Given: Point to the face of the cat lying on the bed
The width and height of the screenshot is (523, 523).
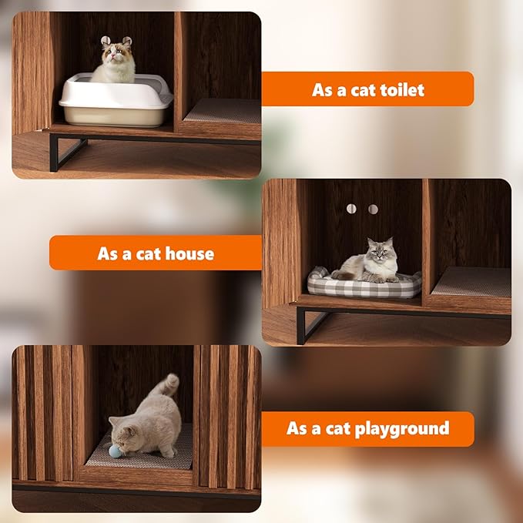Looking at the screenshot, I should click(x=379, y=251).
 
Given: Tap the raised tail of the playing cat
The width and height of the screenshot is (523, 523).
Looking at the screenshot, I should click(x=168, y=385).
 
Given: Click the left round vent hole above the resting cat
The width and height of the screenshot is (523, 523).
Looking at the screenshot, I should click(x=352, y=209).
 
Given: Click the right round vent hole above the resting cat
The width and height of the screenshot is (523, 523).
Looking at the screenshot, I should click(x=373, y=209).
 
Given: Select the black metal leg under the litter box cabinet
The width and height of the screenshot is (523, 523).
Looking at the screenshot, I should click(x=55, y=153).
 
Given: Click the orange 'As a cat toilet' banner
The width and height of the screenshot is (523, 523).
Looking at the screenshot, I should click(x=367, y=89).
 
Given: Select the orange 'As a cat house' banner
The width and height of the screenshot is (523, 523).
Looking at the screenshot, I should click(x=156, y=253).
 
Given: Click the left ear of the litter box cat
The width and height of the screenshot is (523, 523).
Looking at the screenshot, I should click(x=106, y=41).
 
